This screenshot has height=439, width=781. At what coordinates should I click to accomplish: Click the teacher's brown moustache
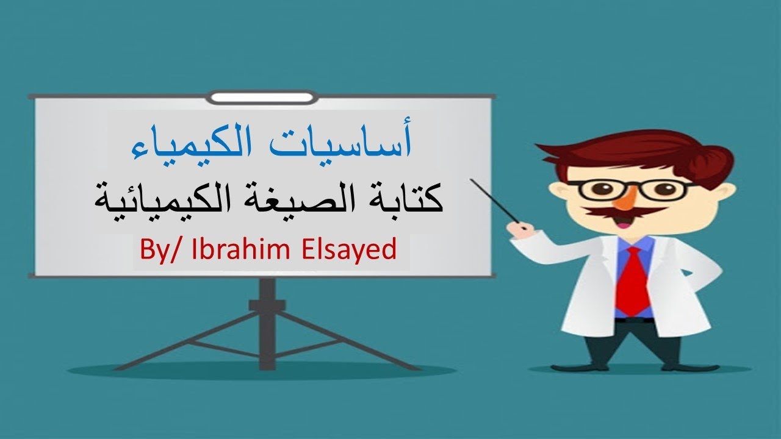[622, 211]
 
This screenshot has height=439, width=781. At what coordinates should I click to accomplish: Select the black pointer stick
[494, 201]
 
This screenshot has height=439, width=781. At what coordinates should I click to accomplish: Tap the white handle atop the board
[262, 97]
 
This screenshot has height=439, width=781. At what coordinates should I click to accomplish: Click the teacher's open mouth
[623, 222]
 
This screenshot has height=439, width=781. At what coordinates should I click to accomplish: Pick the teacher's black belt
[635, 319]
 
